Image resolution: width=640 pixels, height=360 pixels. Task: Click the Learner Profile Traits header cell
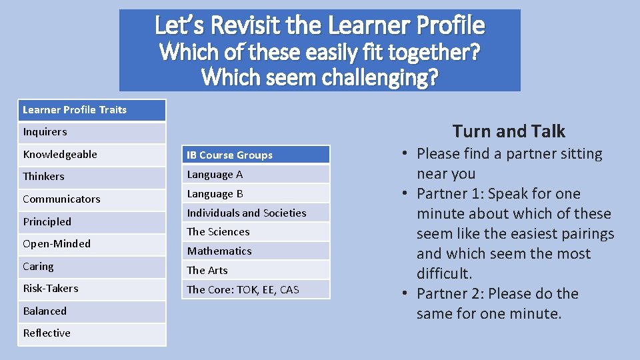point(91,110)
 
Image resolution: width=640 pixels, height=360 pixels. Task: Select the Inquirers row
point(91,132)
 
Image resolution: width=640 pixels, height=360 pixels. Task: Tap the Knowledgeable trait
point(91,155)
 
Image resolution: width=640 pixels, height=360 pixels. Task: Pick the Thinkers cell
point(91,177)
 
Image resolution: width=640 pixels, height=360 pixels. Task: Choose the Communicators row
point(91,199)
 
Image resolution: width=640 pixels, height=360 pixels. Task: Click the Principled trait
point(91,222)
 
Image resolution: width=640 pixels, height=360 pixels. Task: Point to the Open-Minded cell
point(91,244)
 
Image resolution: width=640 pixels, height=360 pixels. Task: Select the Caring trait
point(91,267)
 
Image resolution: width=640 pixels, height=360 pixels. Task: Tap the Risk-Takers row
point(91,289)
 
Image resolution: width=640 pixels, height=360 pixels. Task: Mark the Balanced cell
point(91,311)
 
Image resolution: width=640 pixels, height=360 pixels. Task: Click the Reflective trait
point(91,333)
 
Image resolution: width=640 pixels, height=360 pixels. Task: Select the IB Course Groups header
point(256,155)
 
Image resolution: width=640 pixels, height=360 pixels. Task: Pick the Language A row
point(256,175)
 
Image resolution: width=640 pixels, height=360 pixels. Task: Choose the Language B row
point(256,194)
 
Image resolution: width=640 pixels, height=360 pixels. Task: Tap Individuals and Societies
point(256,213)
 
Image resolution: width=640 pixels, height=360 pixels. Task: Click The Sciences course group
point(256,232)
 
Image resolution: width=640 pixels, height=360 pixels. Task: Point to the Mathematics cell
point(256,251)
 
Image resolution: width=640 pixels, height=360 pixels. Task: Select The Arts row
point(256,271)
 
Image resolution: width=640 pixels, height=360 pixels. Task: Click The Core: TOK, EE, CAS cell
point(256,290)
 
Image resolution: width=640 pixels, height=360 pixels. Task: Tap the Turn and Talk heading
point(509,131)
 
